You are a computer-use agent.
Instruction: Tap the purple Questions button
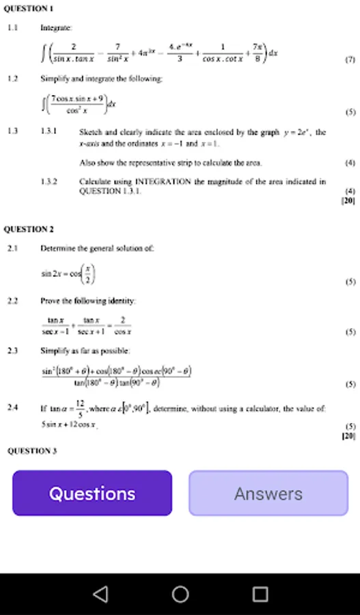[x=92, y=493]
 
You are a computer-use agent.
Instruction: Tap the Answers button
[x=268, y=493]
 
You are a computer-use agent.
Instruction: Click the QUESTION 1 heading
[x=29, y=8]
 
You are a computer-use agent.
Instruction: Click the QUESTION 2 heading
[x=29, y=229]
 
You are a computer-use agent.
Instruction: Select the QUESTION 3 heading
[x=31, y=450]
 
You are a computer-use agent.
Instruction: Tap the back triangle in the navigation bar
[x=100, y=594]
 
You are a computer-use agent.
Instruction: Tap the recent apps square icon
[x=260, y=594]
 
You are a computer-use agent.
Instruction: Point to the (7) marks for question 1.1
[x=350, y=60]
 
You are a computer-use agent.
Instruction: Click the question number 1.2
[x=12, y=79]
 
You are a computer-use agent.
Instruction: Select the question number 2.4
[x=12, y=407]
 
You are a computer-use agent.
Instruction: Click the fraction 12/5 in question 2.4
[x=80, y=407]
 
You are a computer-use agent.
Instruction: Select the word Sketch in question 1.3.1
[x=90, y=131]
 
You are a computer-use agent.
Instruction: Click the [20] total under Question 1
[x=348, y=201]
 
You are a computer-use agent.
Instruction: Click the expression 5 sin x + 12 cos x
[x=68, y=424]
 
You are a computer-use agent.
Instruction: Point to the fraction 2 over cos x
[x=122, y=325]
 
